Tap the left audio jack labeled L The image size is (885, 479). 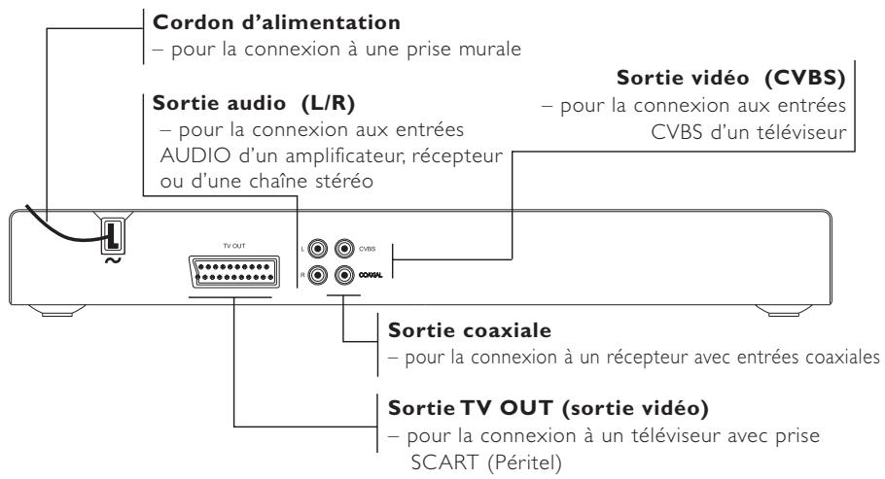point(318,250)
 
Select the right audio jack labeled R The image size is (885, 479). point(318,275)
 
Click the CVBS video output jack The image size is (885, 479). point(342,250)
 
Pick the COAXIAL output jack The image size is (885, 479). point(342,275)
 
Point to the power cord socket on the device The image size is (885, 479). point(114,234)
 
